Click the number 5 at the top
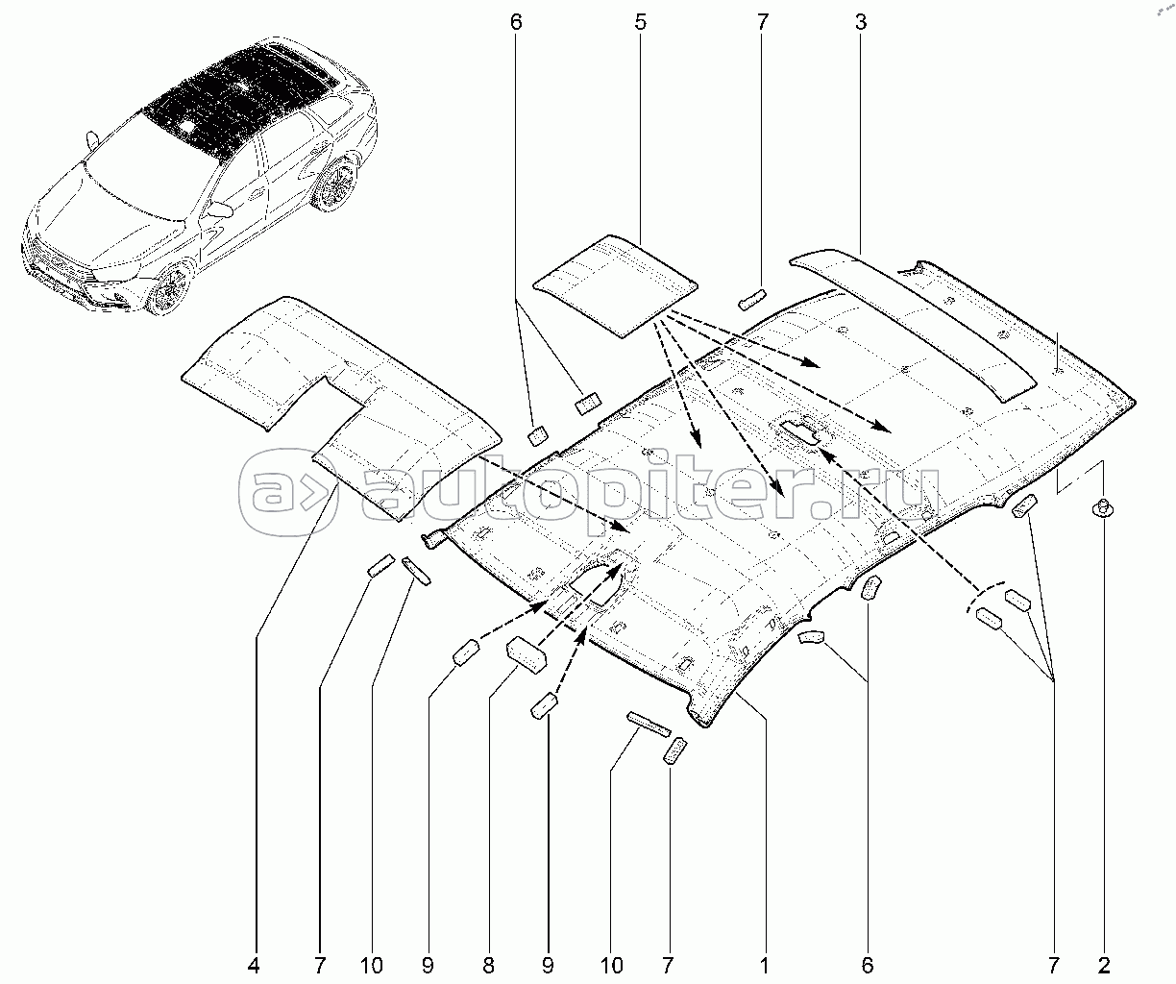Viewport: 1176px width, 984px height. [x=641, y=22]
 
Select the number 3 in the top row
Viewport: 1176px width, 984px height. [x=861, y=22]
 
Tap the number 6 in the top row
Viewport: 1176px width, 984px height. [x=516, y=22]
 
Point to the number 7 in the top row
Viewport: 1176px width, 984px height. [x=762, y=22]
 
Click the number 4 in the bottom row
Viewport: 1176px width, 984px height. [x=254, y=966]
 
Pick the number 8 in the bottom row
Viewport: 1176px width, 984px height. [x=488, y=966]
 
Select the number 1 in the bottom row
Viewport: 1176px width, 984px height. [x=764, y=966]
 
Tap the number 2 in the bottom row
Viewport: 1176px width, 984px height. [x=1104, y=966]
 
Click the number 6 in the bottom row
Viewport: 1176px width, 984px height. [x=868, y=966]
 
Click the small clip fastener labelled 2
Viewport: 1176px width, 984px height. [x=1103, y=507]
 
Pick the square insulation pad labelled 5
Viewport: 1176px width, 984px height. [x=615, y=286]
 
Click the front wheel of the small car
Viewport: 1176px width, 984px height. [x=169, y=290]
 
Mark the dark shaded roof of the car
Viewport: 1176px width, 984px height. [x=239, y=99]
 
